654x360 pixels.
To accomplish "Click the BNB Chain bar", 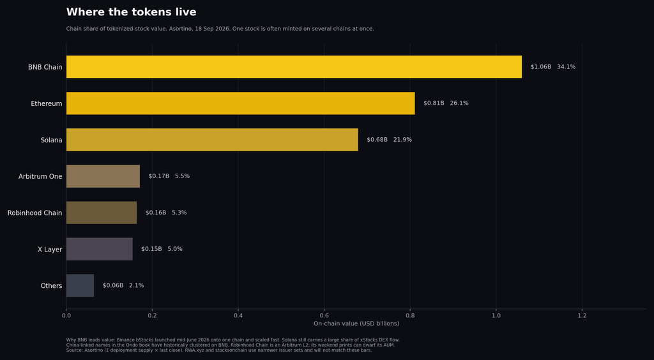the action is (x=294, y=66).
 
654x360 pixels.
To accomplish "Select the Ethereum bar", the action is (x=241, y=103).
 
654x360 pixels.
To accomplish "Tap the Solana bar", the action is (x=212, y=140).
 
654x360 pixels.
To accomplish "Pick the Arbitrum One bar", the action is (x=103, y=176).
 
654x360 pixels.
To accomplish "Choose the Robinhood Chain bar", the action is (x=102, y=213).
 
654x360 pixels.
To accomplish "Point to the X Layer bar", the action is (x=99, y=249).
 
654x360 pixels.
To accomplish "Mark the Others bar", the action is (x=80, y=285).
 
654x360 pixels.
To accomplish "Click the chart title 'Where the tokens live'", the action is (x=132, y=12).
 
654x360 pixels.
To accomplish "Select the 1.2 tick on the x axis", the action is (x=582, y=315).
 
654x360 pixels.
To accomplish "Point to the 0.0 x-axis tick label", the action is (x=66, y=315).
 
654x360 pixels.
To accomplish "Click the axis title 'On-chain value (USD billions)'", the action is (x=356, y=324).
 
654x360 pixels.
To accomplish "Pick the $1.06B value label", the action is (x=541, y=66).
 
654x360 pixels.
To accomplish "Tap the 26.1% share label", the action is (x=459, y=103).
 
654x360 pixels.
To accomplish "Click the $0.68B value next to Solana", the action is (x=377, y=140).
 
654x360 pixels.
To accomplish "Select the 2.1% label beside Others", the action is (x=137, y=285).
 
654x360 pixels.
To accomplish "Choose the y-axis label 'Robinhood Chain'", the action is (x=34, y=213).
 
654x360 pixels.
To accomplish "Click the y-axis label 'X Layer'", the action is (x=50, y=250).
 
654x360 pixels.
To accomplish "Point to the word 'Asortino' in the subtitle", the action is (x=180, y=29).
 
